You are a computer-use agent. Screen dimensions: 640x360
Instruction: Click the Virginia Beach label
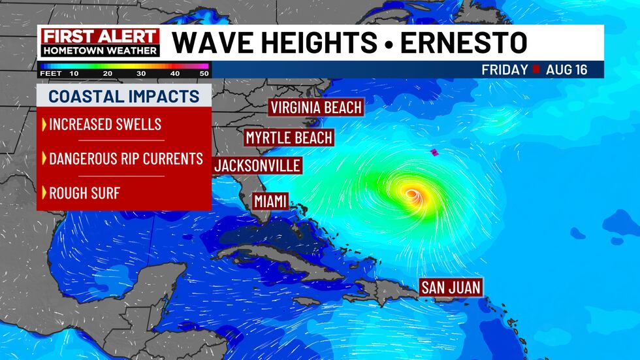[316, 107]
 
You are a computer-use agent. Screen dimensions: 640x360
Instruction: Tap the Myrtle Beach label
[289, 138]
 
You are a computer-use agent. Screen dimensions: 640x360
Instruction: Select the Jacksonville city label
[257, 165]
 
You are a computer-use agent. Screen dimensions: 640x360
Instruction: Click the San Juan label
[451, 287]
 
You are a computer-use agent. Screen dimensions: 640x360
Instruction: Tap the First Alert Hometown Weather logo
[100, 42]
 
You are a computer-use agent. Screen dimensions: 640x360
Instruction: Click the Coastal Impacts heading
[124, 97]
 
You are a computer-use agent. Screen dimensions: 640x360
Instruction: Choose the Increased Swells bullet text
[104, 124]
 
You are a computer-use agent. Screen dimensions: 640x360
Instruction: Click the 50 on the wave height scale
[204, 74]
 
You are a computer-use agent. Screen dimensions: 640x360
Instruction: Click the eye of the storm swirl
[411, 193]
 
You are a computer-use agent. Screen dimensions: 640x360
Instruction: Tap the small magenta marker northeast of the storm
[433, 152]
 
